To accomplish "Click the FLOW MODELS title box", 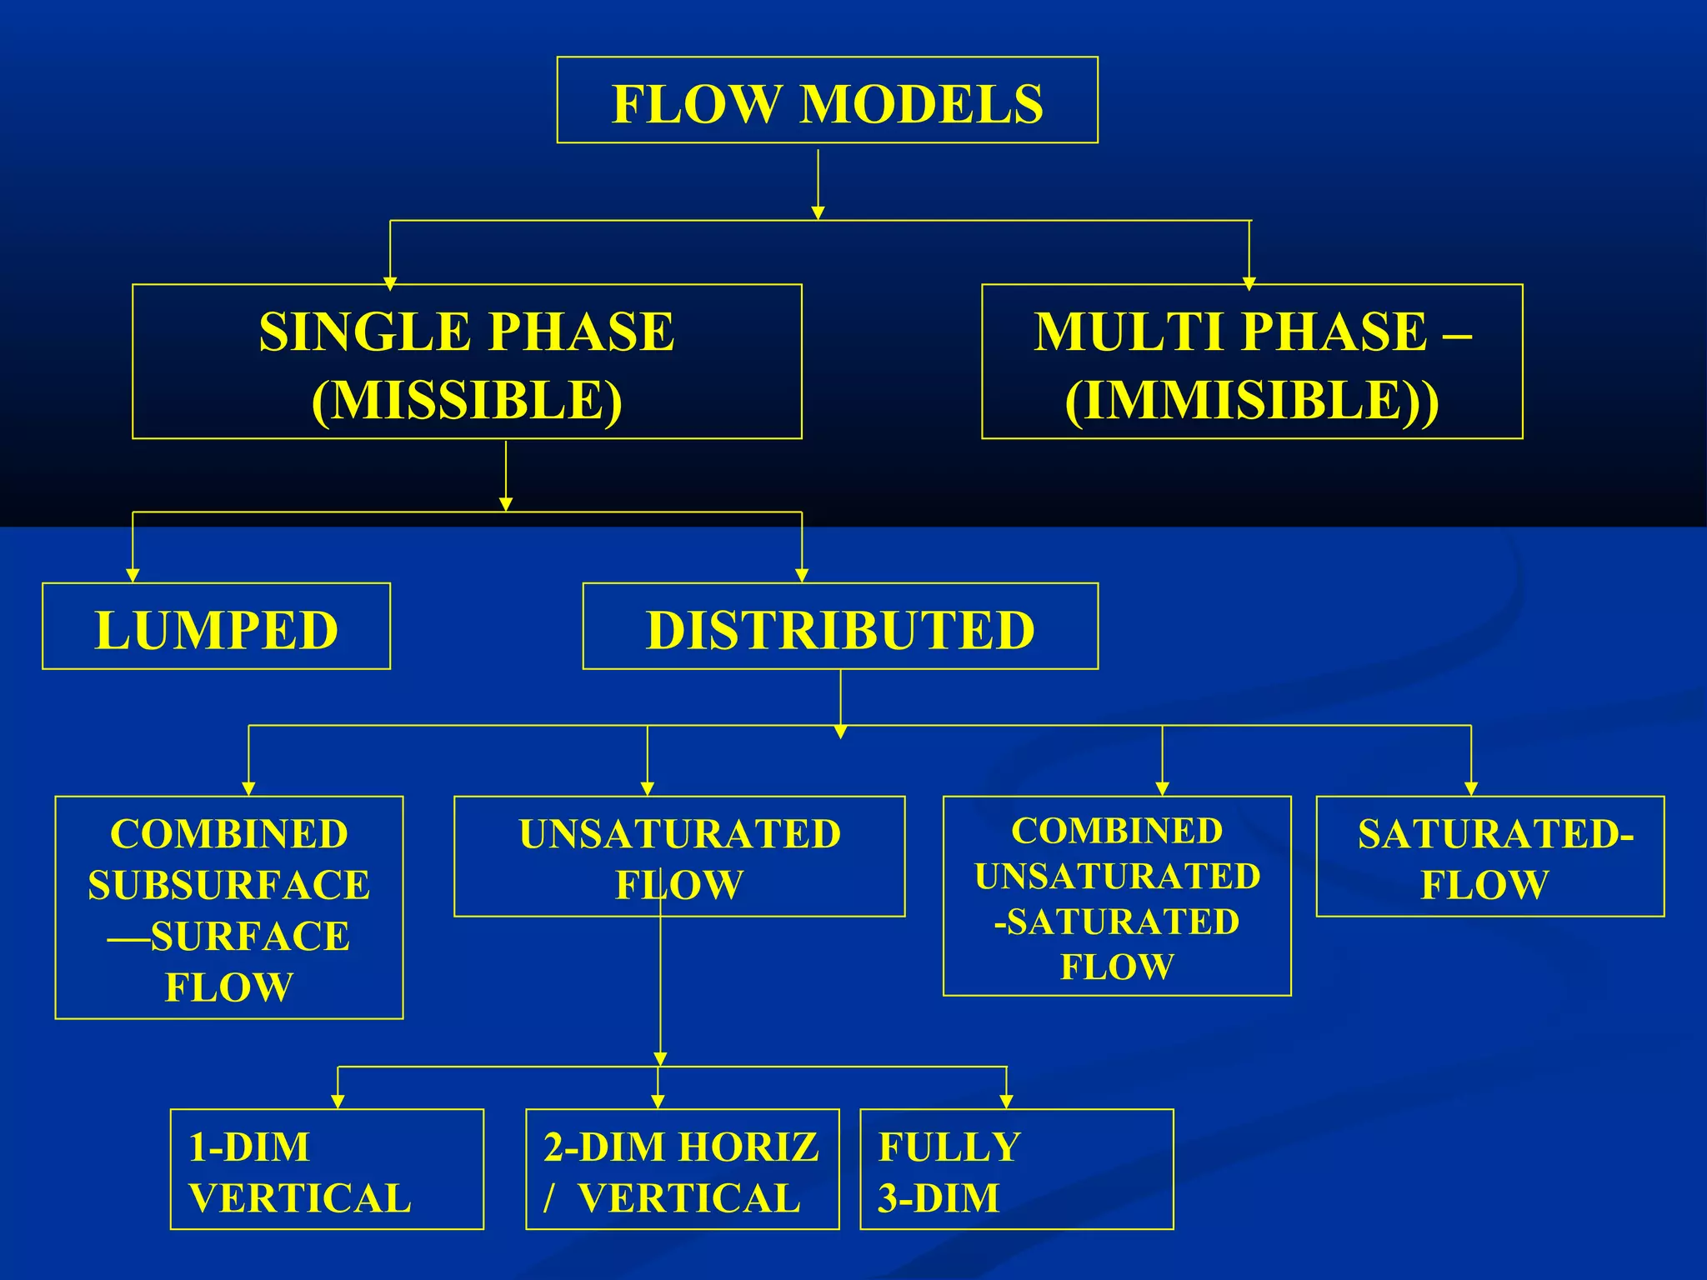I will click(827, 101).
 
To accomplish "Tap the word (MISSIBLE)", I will click(467, 401).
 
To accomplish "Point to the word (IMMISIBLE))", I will click(1251, 401).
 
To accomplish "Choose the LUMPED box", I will click(216, 627).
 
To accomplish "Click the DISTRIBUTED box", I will click(840, 627).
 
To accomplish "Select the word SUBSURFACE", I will click(229, 885).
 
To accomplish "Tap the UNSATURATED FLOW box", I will click(679, 857).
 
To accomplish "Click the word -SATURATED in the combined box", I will click(1117, 922).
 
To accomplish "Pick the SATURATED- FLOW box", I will click(1490, 857).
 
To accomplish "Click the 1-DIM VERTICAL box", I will click(327, 1168).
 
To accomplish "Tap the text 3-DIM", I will click(939, 1198).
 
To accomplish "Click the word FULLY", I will click(949, 1147).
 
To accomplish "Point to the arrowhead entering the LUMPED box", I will click(133, 575).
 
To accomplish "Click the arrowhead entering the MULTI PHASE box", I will click(1249, 284).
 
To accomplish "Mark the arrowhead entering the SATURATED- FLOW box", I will click(1471, 788).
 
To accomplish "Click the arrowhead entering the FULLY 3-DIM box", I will click(1007, 1102).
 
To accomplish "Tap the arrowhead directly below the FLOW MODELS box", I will click(818, 213).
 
